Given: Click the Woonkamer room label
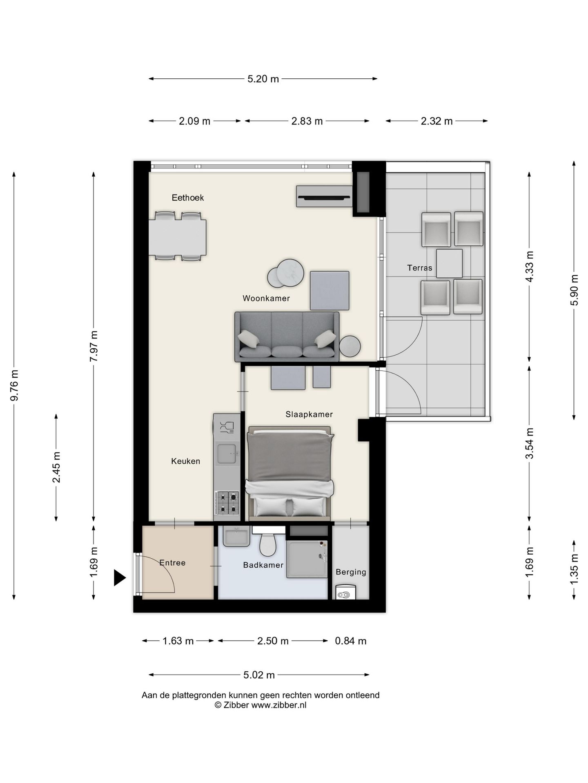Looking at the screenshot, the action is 266,298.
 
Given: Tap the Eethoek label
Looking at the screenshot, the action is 187,198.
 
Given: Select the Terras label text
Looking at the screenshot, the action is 419,268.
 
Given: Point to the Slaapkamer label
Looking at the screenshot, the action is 309,414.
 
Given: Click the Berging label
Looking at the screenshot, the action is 351,572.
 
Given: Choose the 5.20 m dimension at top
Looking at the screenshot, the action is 263,79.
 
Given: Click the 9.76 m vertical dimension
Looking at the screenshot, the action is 14,385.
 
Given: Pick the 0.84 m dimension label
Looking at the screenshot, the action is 351,641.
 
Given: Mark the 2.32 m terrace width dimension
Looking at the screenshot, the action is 437,121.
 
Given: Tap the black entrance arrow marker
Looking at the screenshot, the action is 119,578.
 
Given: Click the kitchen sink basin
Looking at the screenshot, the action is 227,454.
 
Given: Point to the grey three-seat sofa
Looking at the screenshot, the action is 287,337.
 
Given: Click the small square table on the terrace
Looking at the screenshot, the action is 449,263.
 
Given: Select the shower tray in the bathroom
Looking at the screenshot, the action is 307,559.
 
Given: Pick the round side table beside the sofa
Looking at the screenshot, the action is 350,346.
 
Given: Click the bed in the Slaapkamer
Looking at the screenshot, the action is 290,473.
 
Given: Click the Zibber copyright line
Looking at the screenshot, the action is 261,705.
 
